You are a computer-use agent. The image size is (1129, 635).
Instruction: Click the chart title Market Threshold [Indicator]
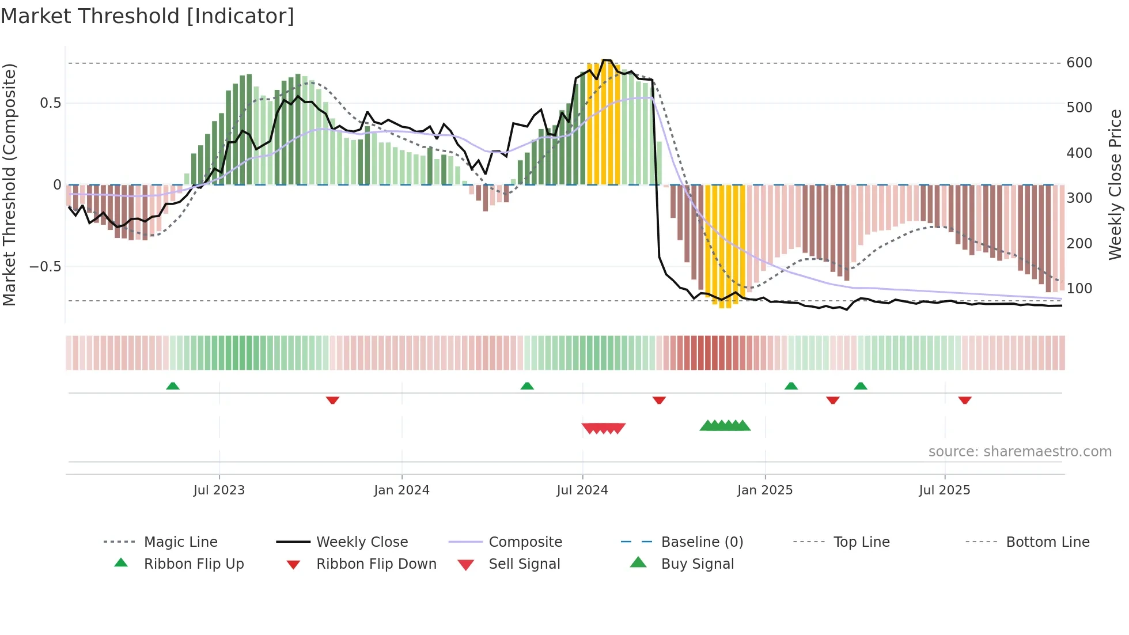(147, 16)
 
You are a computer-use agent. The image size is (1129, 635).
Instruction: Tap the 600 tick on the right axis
(1079, 63)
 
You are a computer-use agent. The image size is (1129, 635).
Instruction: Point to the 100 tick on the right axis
(1079, 289)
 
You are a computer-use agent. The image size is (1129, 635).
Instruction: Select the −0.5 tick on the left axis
(45, 267)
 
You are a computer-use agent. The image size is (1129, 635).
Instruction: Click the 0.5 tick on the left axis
(50, 103)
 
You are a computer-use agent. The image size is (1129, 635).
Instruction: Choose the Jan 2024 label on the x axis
(401, 490)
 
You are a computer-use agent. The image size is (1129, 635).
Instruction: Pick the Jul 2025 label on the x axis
(944, 490)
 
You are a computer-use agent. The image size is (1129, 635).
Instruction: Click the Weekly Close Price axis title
(1115, 184)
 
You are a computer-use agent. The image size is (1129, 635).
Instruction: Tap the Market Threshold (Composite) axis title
(9, 184)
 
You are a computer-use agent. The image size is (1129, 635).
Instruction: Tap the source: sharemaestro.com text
(1020, 452)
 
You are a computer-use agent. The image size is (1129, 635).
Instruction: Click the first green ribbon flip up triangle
(173, 386)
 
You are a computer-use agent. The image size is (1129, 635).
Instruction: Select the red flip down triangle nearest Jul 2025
(965, 400)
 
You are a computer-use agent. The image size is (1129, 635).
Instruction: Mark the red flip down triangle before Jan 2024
(332, 400)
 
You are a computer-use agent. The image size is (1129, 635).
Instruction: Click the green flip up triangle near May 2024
(527, 386)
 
